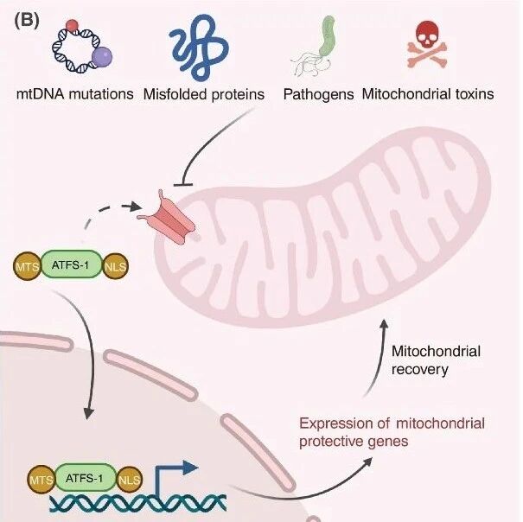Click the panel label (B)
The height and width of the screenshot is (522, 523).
click(27, 21)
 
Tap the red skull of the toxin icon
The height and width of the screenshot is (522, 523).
click(428, 35)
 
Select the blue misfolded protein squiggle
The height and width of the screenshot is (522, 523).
click(199, 47)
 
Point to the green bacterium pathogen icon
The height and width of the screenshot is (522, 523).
click(326, 36)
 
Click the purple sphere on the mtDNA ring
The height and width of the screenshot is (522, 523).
click(101, 56)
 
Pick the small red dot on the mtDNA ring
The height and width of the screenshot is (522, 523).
click(72, 25)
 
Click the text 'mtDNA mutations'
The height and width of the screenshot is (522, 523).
click(74, 94)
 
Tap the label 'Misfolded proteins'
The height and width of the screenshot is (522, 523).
click(203, 95)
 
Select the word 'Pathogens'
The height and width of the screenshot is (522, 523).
click(318, 95)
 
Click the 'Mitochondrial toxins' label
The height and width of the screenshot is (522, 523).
click(428, 94)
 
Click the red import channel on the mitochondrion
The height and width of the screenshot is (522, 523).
click(168, 218)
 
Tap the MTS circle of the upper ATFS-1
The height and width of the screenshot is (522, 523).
click(28, 266)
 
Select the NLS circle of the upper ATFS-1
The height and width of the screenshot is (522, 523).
click(115, 266)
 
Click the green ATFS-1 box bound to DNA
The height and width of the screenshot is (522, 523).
click(85, 478)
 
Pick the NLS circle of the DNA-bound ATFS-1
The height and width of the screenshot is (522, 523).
click(129, 480)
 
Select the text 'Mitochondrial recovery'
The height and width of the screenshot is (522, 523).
click(436, 360)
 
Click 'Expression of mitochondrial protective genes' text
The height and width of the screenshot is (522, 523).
click(392, 432)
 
